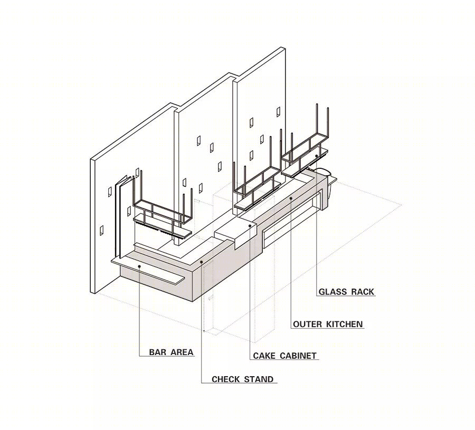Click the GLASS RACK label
pos(347,292)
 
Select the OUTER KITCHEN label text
pos(328,324)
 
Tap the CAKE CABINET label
pos(284,356)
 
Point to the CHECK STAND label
pos(242,379)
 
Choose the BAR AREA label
pos(171,352)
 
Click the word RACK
pos(363,292)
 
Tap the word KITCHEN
pos(345,324)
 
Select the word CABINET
pos(298,356)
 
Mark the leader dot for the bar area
pos(139,266)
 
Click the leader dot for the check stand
pos(202,262)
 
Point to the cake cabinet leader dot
pos(250,226)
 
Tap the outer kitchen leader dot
pos(291,198)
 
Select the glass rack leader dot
pos(317,156)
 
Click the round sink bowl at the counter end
pos(323,171)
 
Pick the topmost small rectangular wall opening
pos(278,112)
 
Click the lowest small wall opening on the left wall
pos(102,231)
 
